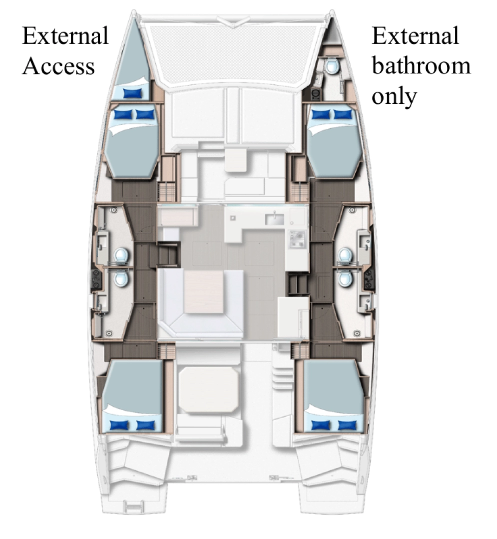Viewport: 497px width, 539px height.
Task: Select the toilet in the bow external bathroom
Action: click(331, 65)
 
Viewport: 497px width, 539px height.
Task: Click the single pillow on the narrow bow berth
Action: click(132, 92)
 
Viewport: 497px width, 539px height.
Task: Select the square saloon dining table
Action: click(204, 292)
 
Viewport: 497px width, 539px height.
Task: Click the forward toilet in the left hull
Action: click(121, 256)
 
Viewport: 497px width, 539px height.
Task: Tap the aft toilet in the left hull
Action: click(121, 278)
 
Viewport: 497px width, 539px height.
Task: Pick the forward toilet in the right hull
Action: click(345, 256)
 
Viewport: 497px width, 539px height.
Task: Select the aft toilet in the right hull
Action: click(345, 278)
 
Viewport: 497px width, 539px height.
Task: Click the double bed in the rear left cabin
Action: click(134, 394)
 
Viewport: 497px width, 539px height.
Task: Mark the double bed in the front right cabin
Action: click(334, 145)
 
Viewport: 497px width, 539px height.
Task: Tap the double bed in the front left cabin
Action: click(133, 145)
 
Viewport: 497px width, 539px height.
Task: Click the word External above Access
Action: click(65, 36)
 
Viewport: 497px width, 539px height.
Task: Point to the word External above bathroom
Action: click(415, 36)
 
